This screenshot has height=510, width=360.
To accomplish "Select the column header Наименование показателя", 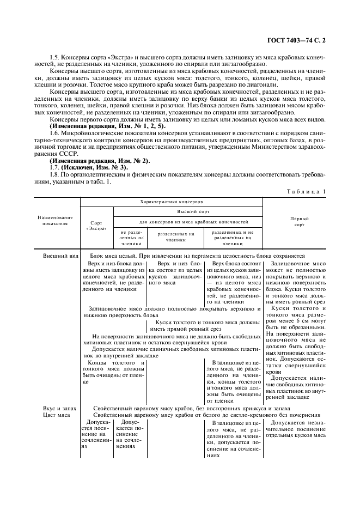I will click(x=55, y=220).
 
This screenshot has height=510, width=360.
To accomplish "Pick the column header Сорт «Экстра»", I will click(x=96, y=226).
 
